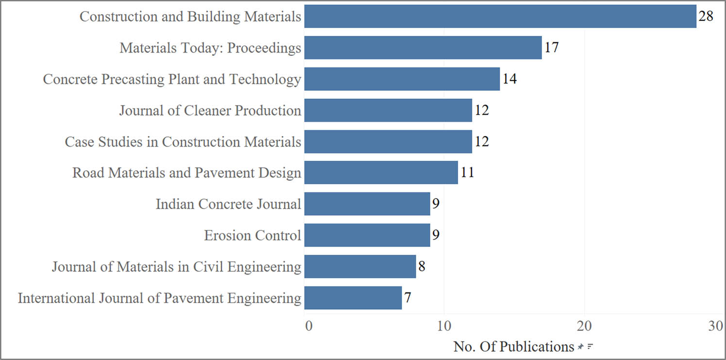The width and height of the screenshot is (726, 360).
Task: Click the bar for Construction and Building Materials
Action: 500,17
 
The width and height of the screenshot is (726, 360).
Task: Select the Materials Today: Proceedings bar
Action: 423,48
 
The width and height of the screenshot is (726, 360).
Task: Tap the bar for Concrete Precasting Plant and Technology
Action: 402,79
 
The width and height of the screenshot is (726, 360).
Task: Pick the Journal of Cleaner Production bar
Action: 388,110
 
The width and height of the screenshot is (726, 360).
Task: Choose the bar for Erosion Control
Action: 367,235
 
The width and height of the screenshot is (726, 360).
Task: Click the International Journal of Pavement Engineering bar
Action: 353,298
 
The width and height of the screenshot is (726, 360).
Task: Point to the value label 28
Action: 706,17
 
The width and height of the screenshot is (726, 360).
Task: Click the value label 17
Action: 552,48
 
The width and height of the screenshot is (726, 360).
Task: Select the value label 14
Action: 509,79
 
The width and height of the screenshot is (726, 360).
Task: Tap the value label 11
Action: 467,173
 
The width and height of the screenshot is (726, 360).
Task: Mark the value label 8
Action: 422,267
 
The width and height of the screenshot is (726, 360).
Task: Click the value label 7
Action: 408,298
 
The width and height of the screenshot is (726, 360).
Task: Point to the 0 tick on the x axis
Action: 308,327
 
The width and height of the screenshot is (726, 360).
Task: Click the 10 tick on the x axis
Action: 444,327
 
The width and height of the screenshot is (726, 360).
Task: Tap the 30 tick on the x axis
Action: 716,327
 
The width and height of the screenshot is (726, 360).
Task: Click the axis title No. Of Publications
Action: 513,347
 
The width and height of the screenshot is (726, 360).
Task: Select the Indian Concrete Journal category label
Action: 228,205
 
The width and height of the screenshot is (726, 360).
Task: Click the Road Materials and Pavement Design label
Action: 186,173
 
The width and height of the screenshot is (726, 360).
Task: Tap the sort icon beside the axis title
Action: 591,347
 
